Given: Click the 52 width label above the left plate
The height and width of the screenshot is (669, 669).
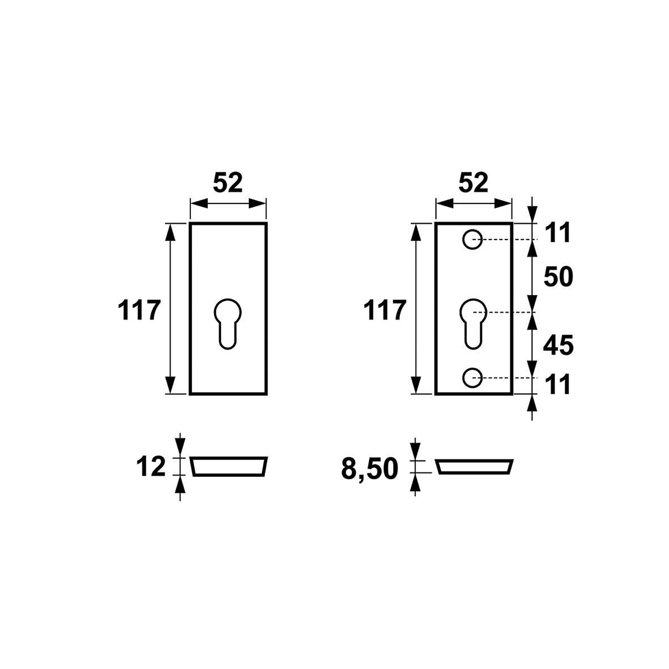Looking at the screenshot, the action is (228, 182).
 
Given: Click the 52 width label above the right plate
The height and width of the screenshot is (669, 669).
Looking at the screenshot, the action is (474, 182).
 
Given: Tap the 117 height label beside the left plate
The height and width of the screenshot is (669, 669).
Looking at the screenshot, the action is (139, 310).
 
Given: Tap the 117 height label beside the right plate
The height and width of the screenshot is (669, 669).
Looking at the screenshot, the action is (385, 310).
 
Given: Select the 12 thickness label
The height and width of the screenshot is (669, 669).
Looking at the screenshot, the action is (151, 466).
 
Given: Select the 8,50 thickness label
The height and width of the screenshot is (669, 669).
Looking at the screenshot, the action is (369, 469).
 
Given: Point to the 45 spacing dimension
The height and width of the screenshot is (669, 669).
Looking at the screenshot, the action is (558, 345).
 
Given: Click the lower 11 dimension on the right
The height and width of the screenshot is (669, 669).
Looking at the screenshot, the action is (558, 385).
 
